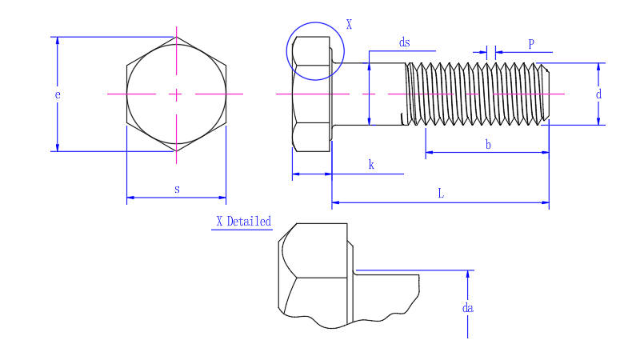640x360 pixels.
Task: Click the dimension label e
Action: pyautogui.click(x=57, y=94)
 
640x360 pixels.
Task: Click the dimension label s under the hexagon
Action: pyautogui.click(x=177, y=189)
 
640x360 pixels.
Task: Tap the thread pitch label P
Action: pyautogui.click(x=530, y=45)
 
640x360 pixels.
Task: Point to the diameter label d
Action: pyautogui.click(x=598, y=94)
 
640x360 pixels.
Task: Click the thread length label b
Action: pyautogui.click(x=488, y=144)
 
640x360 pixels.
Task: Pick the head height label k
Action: pyautogui.click(x=371, y=165)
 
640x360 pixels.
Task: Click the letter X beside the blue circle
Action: pyautogui.click(x=349, y=25)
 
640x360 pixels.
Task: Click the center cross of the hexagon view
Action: pyautogui.click(x=176, y=94)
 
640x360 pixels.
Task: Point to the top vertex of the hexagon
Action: pyautogui.click(x=176, y=37)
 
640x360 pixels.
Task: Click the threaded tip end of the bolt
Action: pyautogui.click(x=546, y=94)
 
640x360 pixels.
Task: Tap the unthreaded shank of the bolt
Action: pyautogui.click(x=368, y=94)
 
